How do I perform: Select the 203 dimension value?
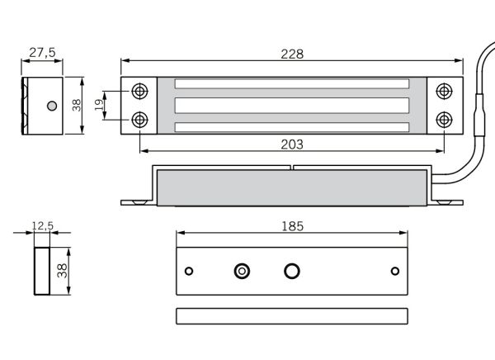[x=292, y=144]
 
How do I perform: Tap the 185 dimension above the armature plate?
[x=292, y=225]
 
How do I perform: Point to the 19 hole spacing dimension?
[x=97, y=105]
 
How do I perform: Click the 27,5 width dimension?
[x=42, y=52]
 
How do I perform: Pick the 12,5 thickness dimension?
[x=42, y=225]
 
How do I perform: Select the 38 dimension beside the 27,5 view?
[x=75, y=105]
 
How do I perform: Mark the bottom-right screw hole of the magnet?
[x=445, y=120]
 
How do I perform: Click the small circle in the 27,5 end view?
[x=52, y=106]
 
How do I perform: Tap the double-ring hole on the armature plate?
[x=243, y=271]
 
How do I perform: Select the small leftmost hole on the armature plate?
[x=189, y=271]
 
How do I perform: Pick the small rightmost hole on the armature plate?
[x=394, y=271]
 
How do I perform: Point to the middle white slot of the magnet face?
[x=292, y=105]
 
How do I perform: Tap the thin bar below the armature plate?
[x=292, y=315]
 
